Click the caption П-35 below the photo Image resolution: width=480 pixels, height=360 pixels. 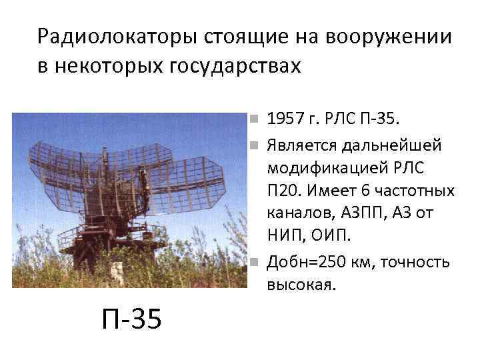(x=131, y=319)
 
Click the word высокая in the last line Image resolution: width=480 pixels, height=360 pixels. (x=301, y=285)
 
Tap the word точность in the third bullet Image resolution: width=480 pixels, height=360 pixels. (x=419, y=262)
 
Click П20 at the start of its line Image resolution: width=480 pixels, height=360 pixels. (x=282, y=191)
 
